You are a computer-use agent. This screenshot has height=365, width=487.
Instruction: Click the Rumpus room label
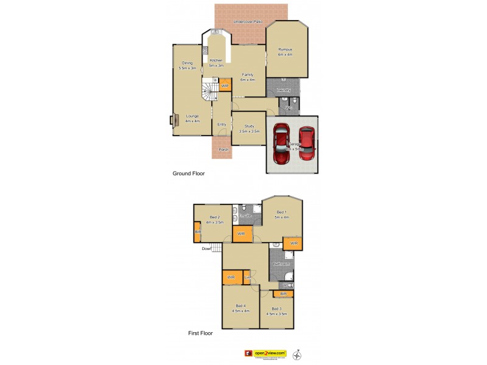click(x=285, y=49)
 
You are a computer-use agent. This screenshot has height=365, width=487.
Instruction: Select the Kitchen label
click(x=216, y=61)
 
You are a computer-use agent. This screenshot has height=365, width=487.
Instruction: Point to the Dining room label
click(x=187, y=63)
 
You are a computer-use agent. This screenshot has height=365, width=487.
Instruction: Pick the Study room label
click(x=250, y=125)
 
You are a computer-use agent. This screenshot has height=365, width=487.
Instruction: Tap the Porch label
click(x=223, y=149)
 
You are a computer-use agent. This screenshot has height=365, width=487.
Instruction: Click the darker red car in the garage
click(x=281, y=145)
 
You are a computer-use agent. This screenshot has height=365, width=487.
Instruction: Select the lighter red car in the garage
click(x=307, y=142)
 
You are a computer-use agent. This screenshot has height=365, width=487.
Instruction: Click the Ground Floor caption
click(x=189, y=173)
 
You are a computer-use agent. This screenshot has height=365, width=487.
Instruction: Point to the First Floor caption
click(x=200, y=333)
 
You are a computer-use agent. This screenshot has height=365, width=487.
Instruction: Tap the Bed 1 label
click(x=281, y=212)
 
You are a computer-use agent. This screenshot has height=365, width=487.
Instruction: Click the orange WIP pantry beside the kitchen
click(x=225, y=86)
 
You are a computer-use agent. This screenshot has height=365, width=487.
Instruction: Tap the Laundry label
click(x=284, y=90)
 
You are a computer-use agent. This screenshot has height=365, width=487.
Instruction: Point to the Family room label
click(x=247, y=75)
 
